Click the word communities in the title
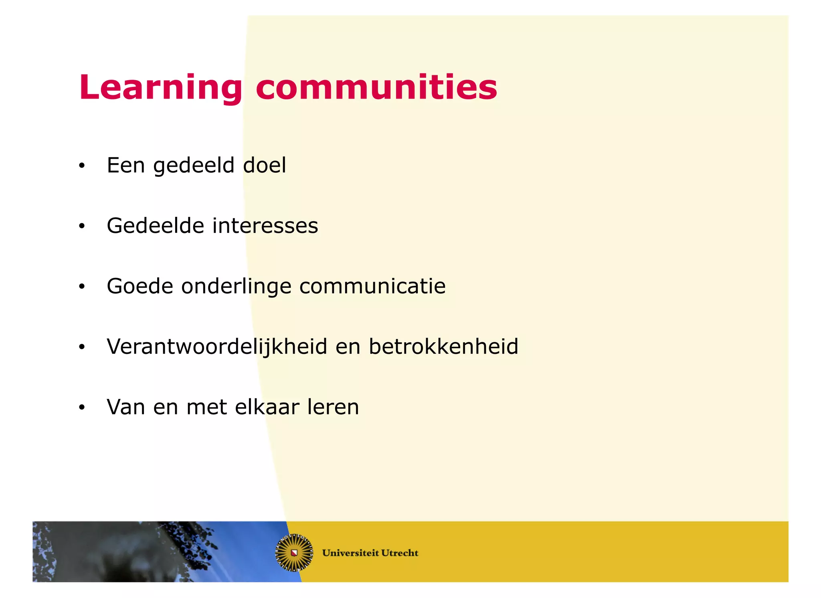pyautogui.click(x=376, y=87)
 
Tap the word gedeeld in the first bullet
pyautogui.click(x=194, y=166)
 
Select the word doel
pyautogui.click(x=265, y=165)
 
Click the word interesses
pyautogui.click(x=265, y=226)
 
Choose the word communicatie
pyautogui.click(x=372, y=286)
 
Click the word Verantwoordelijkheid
pyautogui.click(x=217, y=347)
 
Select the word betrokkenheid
pyautogui.click(x=443, y=347)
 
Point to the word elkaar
pyautogui.click(x=267, y=407)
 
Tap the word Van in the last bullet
pyautogui.click(x=126, y=407)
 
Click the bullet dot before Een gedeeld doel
pyautogui.click(x=82, y=166)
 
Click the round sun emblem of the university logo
pyautogui.click(x=294, y=553)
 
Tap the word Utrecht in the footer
pyautogui.click(x=400, y=553)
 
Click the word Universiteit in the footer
pyautogui.click(x=350, y=553)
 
